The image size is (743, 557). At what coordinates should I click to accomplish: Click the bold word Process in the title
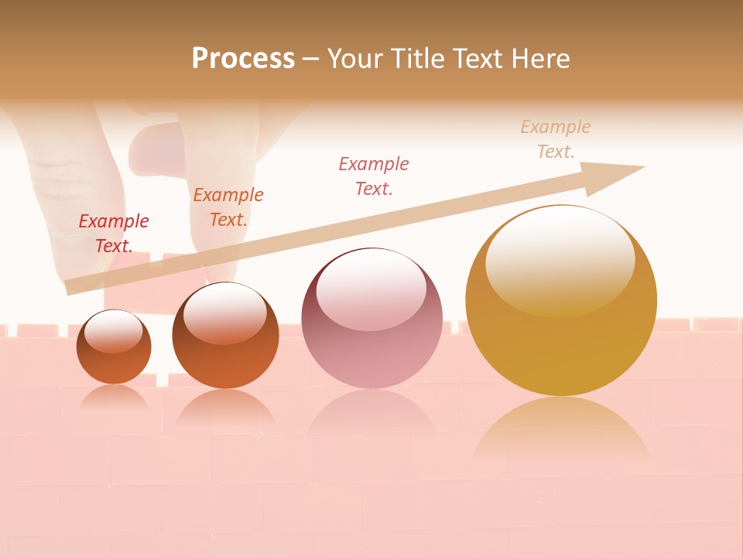coord(243,59)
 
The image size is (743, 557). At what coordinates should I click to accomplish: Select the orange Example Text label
coord(228,207)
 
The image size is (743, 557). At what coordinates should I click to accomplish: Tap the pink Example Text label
coord(374,176)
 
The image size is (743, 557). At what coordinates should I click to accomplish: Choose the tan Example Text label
coord(556,139)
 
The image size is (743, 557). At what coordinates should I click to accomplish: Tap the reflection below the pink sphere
coord(371,418)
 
